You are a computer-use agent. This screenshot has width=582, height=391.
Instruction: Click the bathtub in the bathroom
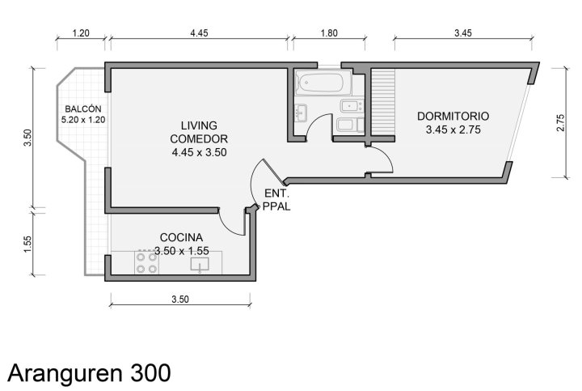[x=323, y=83]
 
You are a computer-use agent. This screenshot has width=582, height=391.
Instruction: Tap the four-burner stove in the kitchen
[x=146, y=263]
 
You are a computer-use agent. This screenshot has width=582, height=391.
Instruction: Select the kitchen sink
[x=200, y=265]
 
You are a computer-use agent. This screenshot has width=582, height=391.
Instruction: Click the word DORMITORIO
[x=453, y=117]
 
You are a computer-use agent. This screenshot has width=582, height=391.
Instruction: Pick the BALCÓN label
[x=83, y=109]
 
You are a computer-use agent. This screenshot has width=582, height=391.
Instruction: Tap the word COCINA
[x=181, y=237]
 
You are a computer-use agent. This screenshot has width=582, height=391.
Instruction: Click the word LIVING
[x=199, y=125]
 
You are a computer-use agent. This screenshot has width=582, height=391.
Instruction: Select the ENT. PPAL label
[x=276, y=200]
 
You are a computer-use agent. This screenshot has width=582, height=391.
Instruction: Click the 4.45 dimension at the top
[x=199, y=33]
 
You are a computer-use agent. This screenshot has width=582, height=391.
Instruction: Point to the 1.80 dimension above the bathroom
[x=329, y=33]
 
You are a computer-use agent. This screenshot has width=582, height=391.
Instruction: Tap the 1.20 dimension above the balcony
[x=81, y=33]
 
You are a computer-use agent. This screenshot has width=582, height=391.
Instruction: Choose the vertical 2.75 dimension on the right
[x=560, y=123]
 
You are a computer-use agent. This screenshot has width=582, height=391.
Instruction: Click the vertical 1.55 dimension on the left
[x=27, y=244]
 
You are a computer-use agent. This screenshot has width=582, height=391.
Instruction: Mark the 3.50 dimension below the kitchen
[x=180, y=300]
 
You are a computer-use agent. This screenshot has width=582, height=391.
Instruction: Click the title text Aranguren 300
[x=89, y=373]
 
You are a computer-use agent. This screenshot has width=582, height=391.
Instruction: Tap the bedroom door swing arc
[x=386, y=156]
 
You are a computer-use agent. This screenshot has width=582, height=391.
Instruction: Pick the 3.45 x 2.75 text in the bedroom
[x=453, y=130]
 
